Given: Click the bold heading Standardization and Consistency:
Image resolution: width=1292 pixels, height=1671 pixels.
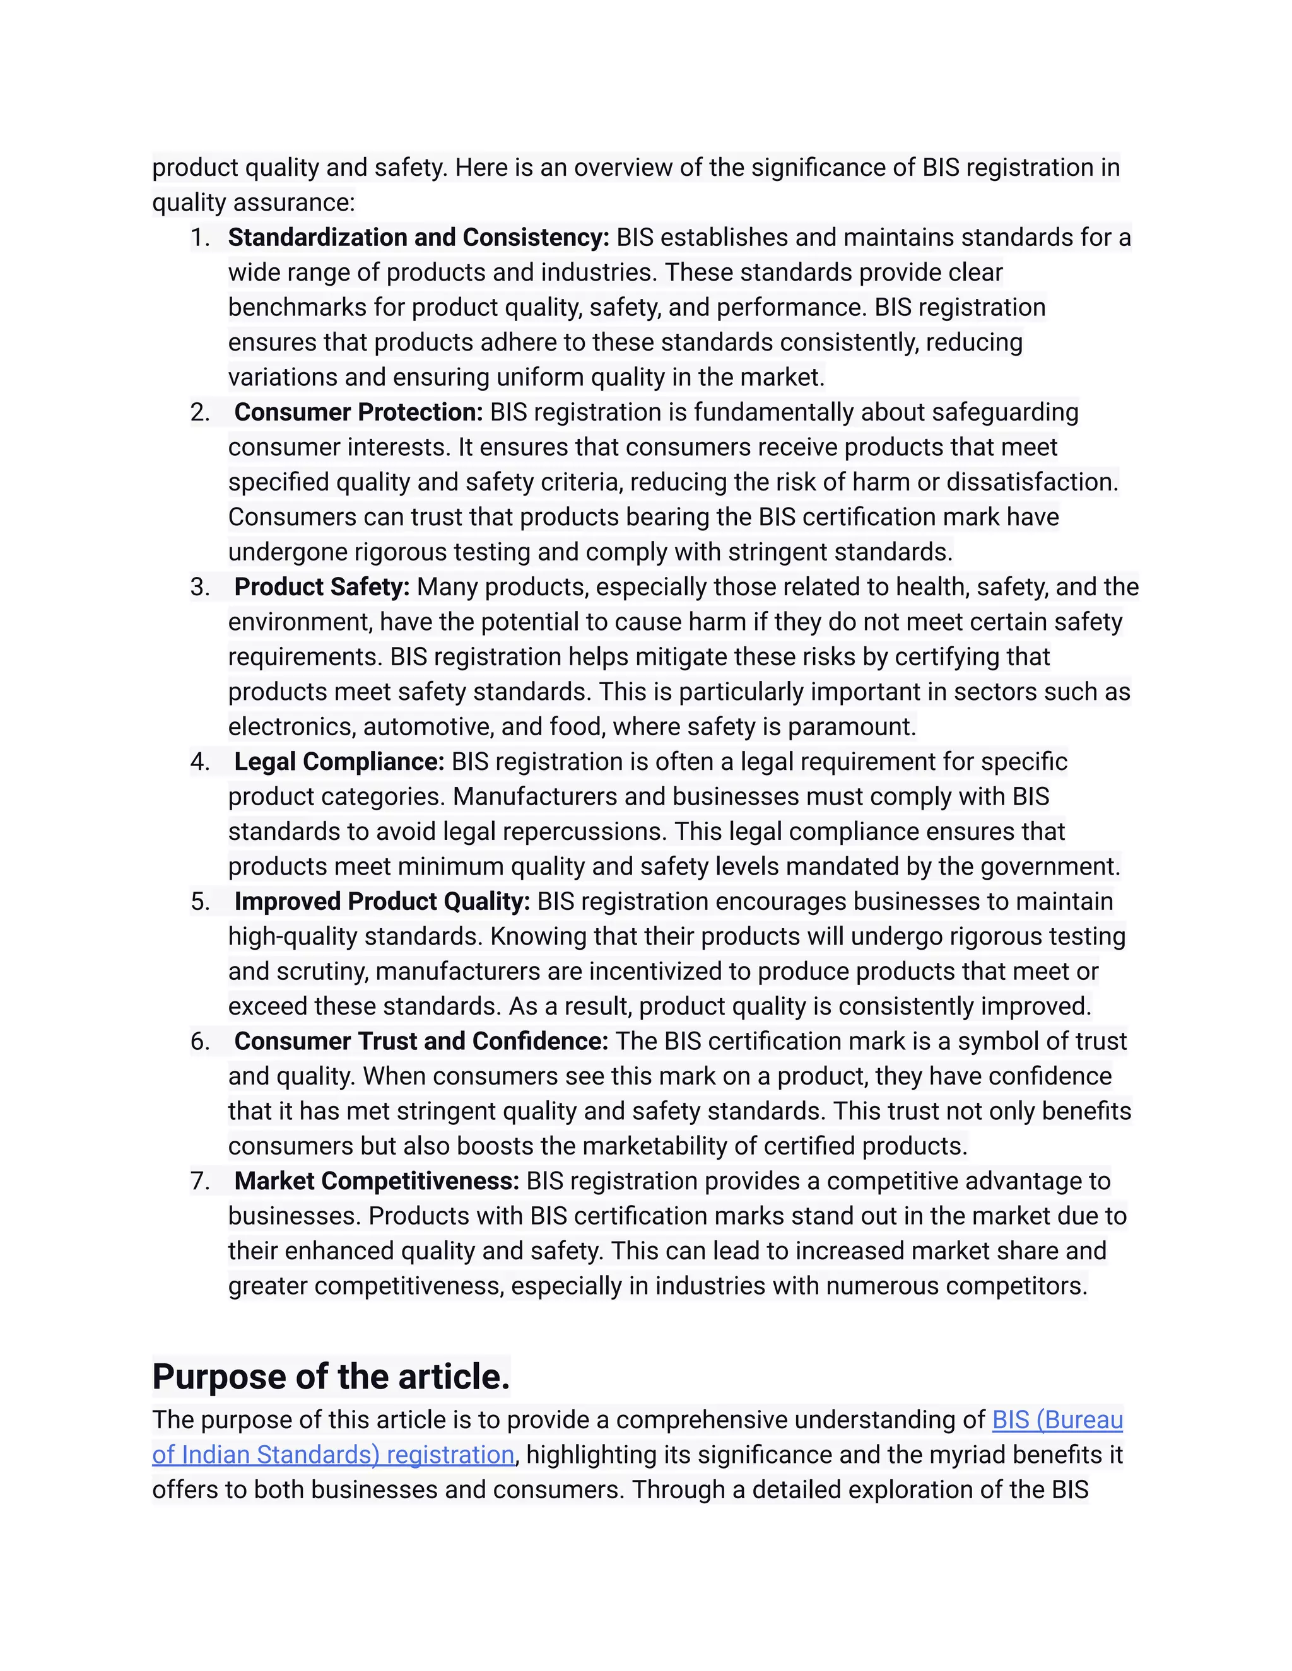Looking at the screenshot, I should (418, 238).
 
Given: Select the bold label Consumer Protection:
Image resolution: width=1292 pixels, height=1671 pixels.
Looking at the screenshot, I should (358, 412).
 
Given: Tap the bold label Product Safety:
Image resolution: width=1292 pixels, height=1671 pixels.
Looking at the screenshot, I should (322, 587).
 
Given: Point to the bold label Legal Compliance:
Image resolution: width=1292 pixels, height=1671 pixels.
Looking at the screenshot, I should (339, 762).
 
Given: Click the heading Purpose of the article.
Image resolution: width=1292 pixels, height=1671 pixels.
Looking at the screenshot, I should (331, 1377).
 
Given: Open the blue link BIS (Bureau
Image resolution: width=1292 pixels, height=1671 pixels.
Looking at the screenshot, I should (1057, 1420).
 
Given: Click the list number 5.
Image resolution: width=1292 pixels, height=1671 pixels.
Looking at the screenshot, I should (200, 902).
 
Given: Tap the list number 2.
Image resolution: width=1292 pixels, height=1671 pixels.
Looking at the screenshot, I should (200, 413).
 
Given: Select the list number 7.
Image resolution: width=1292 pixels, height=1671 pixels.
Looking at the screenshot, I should (200, 1182).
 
